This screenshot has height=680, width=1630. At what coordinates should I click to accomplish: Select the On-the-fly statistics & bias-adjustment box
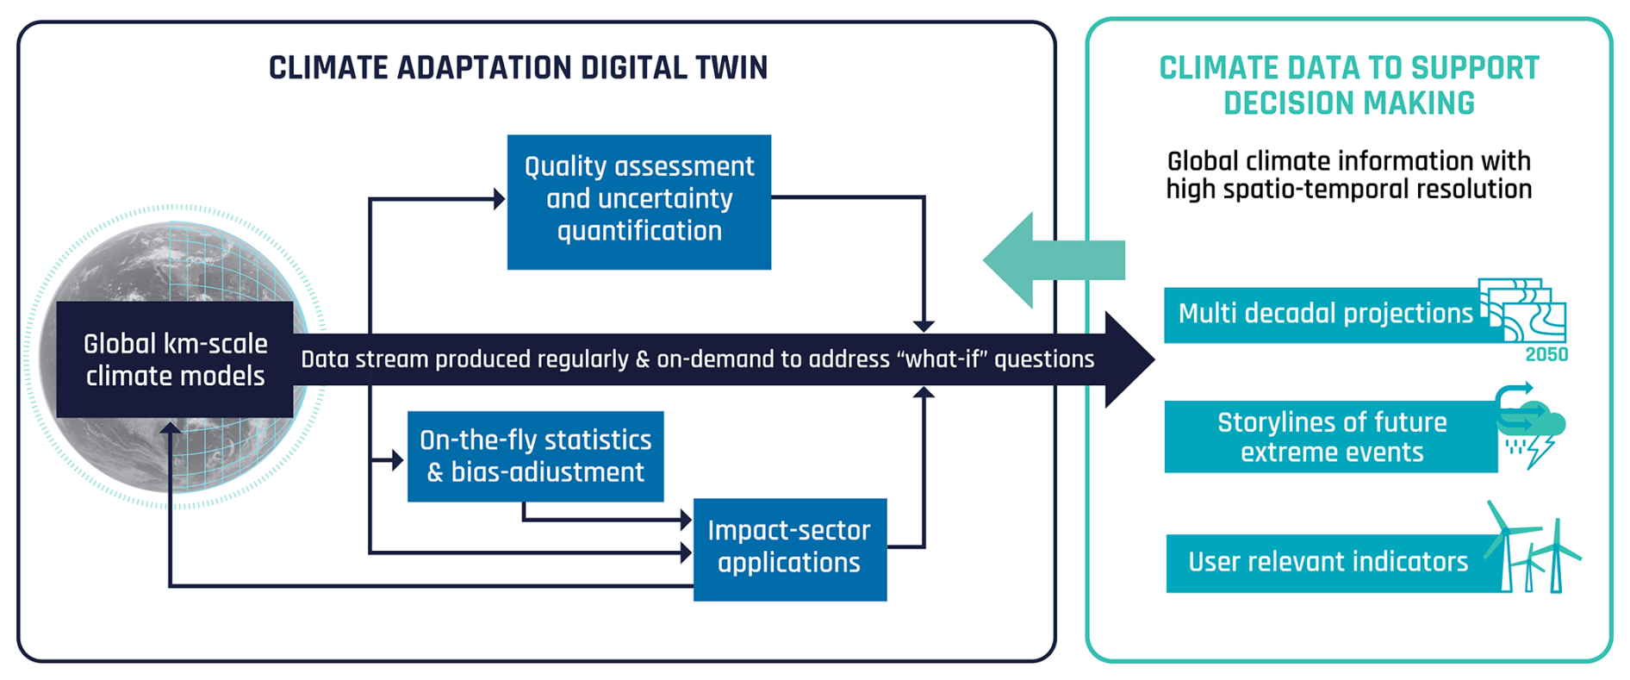tap(535, 456)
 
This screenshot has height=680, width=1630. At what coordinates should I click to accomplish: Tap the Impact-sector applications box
tap(789, 549)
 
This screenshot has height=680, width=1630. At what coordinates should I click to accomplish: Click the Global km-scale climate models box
tap(175, 359)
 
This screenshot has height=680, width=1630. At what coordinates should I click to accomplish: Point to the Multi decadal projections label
tap(1325, 314)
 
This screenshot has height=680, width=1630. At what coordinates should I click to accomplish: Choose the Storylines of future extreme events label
tap(1331, 437)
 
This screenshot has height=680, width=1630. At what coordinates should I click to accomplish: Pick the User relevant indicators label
tap(1328, 562)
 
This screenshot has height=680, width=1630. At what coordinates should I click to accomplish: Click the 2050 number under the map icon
tap(1546, 354)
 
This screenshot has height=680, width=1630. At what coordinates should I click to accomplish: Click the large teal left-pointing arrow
tap(1051, 259)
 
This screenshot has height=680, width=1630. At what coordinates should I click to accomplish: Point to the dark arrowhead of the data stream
tap(1129, 359)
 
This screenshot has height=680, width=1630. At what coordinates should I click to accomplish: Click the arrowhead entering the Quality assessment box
tap(499, 199)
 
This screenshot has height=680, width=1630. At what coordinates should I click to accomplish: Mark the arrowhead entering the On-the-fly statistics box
tap(398, 460)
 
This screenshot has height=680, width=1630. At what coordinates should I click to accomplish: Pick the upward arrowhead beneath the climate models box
tap(171, 428)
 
